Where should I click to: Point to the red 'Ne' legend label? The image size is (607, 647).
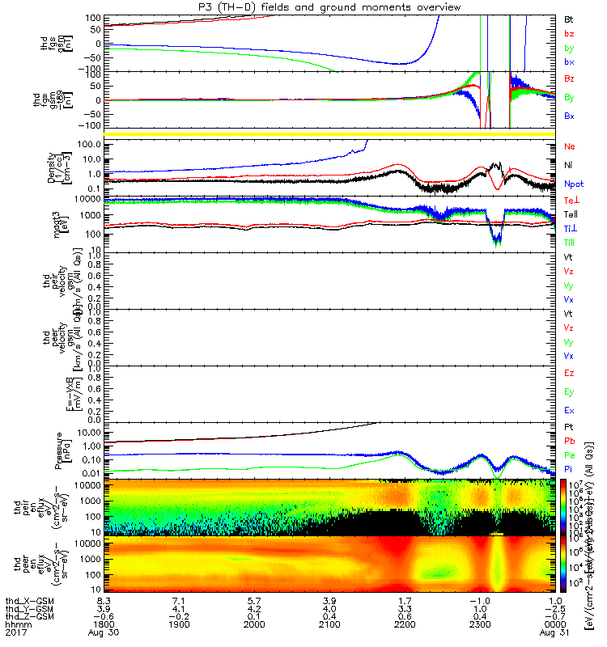tap(569, 146)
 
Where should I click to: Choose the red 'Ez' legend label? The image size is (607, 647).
tap(569, 373)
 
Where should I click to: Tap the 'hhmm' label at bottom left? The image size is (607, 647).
tap(15, 624)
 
